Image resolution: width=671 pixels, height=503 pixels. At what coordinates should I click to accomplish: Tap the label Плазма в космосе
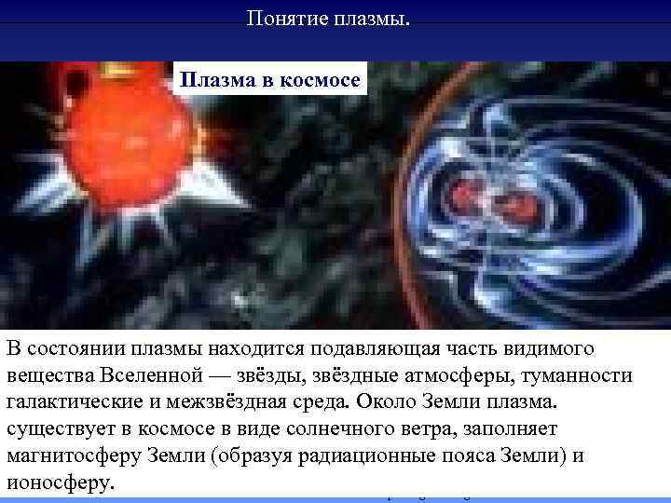coord(271,79)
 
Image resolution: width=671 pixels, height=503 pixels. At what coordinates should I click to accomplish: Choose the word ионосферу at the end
coord(60,484)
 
